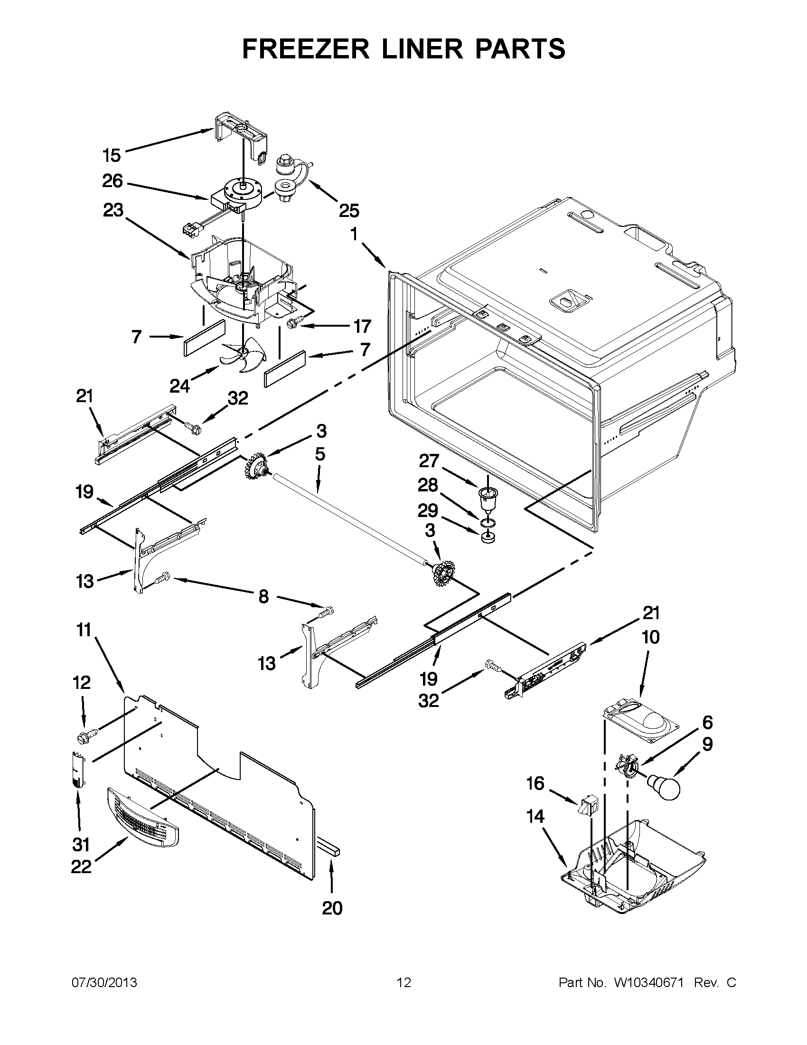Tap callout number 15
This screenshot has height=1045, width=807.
(x=112, y=156)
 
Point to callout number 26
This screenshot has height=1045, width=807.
(x=113, y=181)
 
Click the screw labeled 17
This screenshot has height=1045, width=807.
(x=292, y=324)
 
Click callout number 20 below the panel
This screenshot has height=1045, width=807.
(x=332, y=908)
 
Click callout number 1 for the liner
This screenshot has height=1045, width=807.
(x=354, y=235)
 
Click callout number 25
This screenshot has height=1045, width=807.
(x=349, y=210)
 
